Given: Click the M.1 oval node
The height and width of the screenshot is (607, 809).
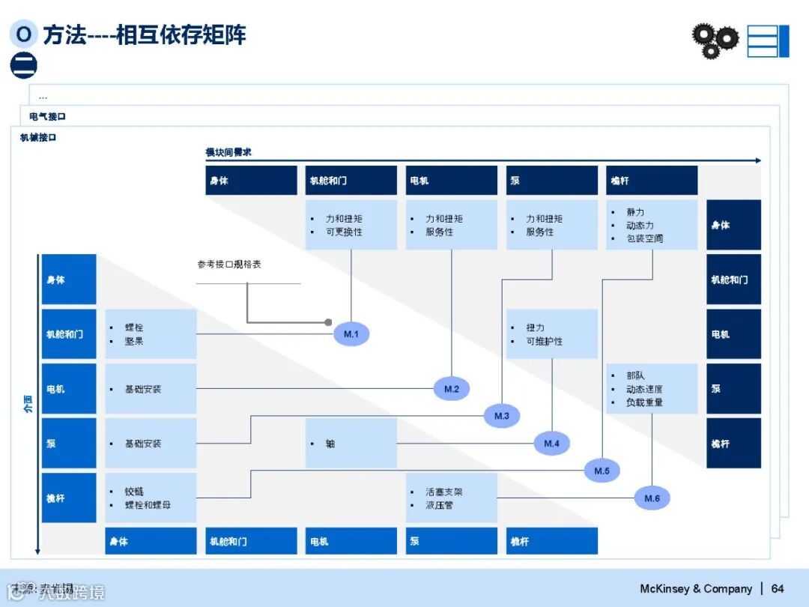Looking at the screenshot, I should [351, 333].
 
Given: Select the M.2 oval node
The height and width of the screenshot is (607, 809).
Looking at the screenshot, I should [451, 389].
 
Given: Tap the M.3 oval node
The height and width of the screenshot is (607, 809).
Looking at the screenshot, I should [501, 415].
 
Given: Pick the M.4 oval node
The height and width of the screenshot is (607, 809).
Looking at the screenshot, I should [551, 444].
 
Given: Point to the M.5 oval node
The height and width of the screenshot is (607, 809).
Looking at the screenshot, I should [602, 471].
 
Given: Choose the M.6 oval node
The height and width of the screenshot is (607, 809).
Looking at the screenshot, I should [652, 498].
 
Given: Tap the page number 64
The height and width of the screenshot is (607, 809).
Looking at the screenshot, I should [778, 588].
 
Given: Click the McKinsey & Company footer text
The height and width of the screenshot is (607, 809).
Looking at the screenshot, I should [696, 588].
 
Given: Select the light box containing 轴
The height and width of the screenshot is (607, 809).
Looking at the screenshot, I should [351, 444].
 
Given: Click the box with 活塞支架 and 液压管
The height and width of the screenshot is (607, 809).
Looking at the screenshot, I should [451, 498].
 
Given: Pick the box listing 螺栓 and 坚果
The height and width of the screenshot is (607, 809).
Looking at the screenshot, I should [151, 334].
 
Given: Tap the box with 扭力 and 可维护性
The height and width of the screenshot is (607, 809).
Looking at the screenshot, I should [551, 334].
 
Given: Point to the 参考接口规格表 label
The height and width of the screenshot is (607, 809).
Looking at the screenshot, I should [229, 265].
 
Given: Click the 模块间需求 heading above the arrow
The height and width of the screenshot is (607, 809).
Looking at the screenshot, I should [228, 152].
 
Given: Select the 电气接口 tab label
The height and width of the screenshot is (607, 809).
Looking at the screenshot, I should [48, 117].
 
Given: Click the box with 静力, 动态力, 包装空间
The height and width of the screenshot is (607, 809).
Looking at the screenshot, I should [652, 225].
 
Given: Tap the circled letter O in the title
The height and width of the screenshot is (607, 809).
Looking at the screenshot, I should [24, 34].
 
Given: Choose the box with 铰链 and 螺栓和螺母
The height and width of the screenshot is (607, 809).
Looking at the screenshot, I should [151, 498].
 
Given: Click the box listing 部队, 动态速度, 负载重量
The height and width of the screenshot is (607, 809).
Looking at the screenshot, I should [652, 389].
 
